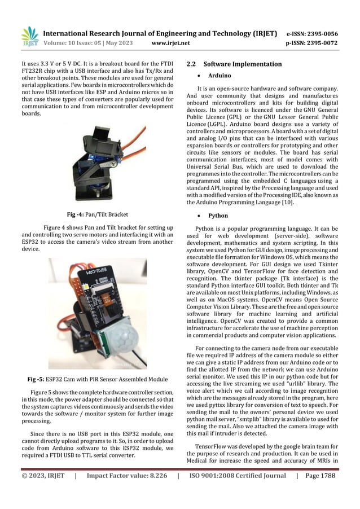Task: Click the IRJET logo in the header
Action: [29, 36]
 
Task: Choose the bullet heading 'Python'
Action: [218, 216]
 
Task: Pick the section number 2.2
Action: [192, 64]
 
